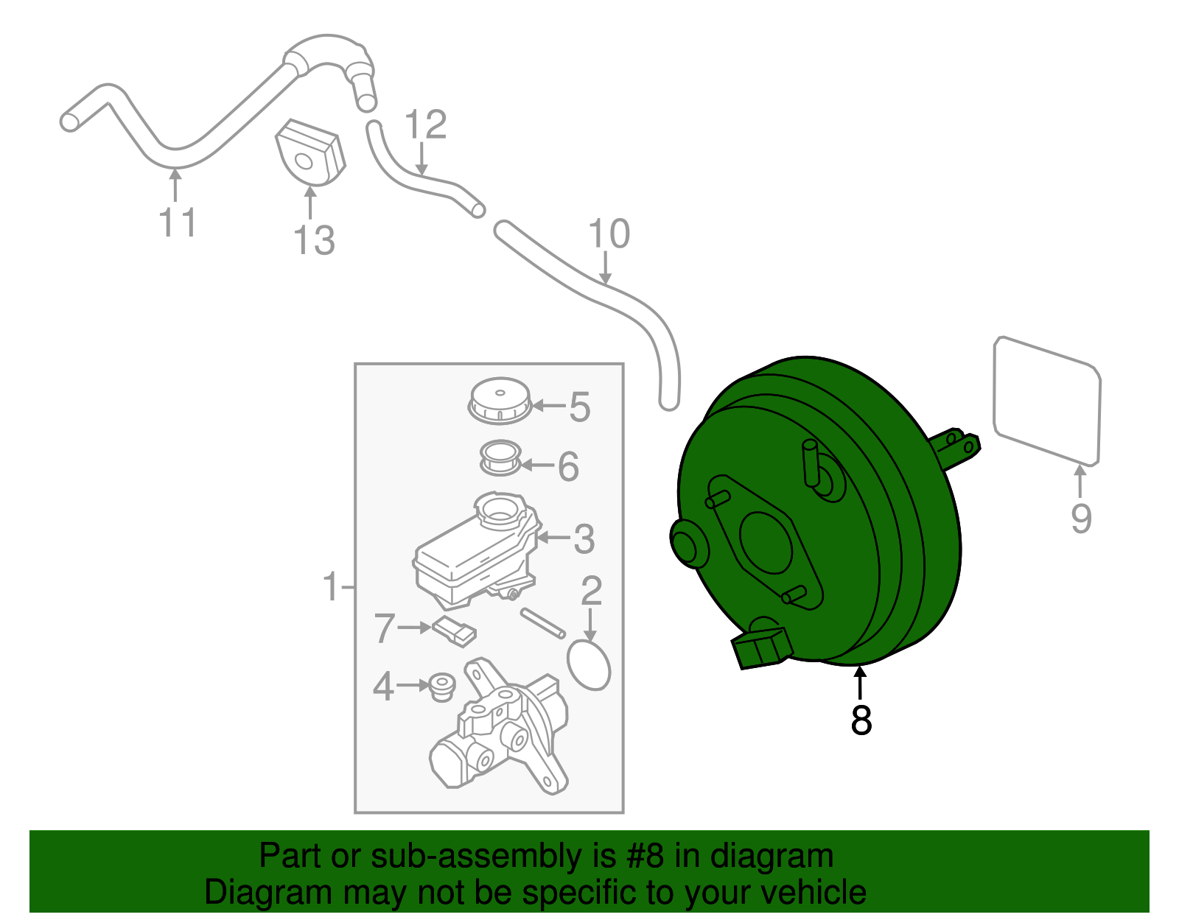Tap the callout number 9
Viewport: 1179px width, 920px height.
click(x=1081, y=519)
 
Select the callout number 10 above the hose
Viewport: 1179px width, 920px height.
click(x=609, y=233)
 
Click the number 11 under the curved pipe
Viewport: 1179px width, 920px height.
click(x=178, y=222)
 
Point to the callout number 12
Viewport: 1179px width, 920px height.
click(x=426, y=124)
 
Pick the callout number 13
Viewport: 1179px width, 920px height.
click(x=314, y=240)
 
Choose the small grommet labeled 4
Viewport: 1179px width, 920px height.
click(x=441, y=687)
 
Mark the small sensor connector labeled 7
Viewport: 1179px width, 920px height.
click(x=454, y=631)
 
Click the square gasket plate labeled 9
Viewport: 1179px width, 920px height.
click(x=1046, y=401)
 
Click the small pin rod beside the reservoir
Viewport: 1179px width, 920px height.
click(x=543, y=622)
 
